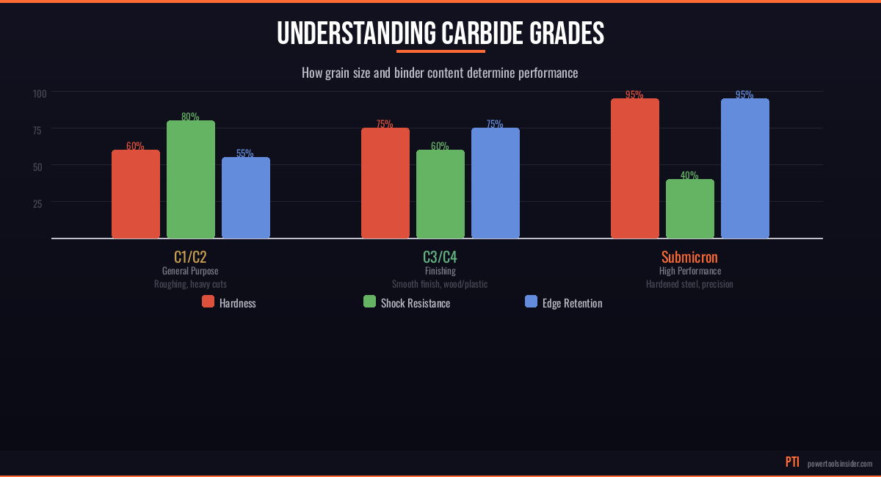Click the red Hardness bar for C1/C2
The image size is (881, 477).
[x=136, y=194]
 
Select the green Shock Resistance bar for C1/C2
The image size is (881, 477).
[x=191, y=180]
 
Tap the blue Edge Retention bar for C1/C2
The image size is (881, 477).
[x=246, y=198]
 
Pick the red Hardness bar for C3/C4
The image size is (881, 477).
[x=385, y=183]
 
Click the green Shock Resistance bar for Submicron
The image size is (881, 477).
[x=690, y=209]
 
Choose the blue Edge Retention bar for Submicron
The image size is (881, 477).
[x=745, y=169]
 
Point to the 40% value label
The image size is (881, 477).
[x=689, y=175]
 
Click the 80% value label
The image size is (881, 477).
[x=190, y=117]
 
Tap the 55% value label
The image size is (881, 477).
[x=245, y=153]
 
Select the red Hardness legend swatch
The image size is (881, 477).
[x=208, y=302]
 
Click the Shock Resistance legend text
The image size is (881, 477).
[x=415, y=303]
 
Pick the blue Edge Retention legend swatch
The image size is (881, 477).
[x=531, y=302]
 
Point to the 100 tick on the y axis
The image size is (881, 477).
[x=40, y=93]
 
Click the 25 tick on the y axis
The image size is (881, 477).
[x=37, y=203]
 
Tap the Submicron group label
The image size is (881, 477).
[x=689, y=258]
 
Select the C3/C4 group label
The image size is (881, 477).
[x=440, y=258]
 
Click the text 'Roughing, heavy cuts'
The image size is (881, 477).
[x=190, y=284]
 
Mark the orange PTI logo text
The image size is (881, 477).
[x=792, y=462]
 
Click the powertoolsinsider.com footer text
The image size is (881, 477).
[x=840, y=464]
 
